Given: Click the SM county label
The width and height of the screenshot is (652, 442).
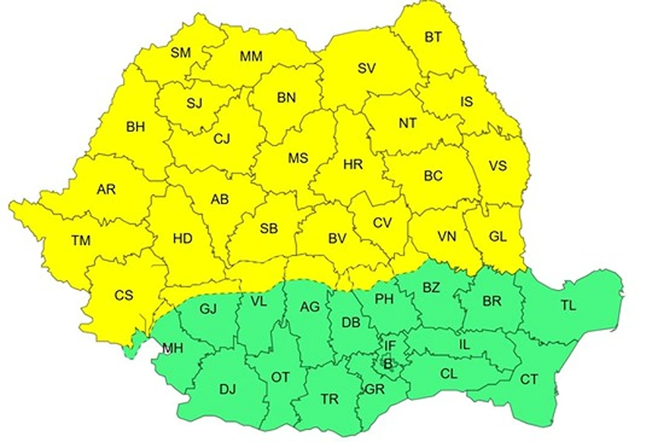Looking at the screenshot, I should click(x=181, y=53).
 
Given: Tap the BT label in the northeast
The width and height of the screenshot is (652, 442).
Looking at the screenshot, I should click(x=433, y=37).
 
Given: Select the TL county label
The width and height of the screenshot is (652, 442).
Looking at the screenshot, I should click(x=568, y=306).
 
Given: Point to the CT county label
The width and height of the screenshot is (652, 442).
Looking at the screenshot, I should click(x=529, y=380).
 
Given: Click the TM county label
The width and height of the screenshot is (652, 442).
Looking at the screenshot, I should click(x=80, y=241).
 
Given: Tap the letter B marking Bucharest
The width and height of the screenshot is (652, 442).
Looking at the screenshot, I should click(x=388, y=364).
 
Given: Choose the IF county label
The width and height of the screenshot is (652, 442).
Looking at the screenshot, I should click(x=390, y=346).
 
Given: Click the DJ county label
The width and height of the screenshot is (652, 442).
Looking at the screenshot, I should click(x=228, y=389).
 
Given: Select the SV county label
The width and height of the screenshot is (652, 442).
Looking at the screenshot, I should click(x=366, y=69).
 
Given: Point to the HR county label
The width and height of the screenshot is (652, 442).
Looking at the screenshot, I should click(x=353, y=164).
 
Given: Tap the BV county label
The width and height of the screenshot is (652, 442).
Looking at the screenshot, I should click(x=337, y=239).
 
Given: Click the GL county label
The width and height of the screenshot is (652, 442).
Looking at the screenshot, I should click(x=498, y=237).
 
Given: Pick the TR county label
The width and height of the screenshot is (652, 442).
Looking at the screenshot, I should click(x=330, y=399).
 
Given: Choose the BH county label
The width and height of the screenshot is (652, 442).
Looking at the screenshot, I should click(x=136, y=127).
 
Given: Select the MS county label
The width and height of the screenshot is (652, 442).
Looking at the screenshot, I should click(x=298, y=158).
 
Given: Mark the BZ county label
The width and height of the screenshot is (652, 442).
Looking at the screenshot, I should click(x=431, y=287).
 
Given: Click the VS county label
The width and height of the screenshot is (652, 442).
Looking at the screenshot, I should click(x=498, y=165).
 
